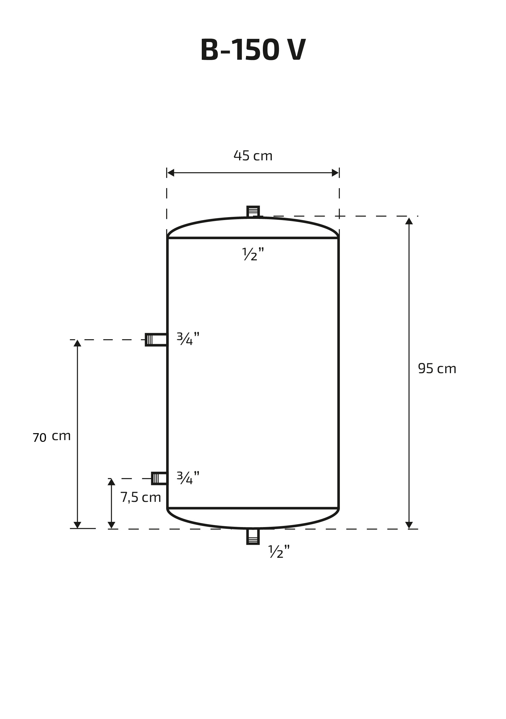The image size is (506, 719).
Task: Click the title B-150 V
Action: (253, 50)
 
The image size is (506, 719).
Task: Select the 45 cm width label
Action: (253, 156)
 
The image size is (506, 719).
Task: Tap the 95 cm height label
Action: (437, 368)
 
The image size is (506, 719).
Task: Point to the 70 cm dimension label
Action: (52, 437)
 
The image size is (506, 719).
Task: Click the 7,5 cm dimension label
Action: (141, 497)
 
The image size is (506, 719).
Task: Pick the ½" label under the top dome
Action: (253, 254)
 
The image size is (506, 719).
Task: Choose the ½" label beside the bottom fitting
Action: (279, 551)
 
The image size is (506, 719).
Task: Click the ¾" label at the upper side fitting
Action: (188, 339)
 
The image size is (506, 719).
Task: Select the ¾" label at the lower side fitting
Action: (188, 478)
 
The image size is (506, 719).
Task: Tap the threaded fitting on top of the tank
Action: (253, 211)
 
